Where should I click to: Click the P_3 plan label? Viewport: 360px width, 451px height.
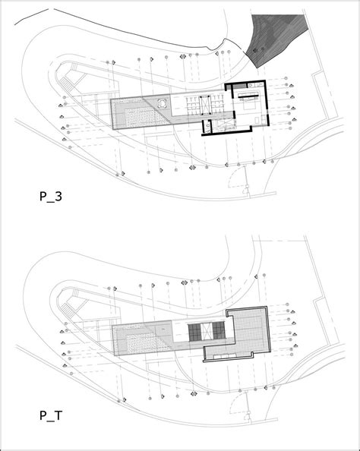coord(51,197)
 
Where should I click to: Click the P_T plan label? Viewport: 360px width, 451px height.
coord(51,415)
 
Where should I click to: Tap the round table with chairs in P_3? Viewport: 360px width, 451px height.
coord(163,104)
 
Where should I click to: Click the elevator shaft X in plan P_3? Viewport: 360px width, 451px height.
coord(206,106)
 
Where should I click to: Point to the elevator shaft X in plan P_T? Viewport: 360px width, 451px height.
coord(206,332)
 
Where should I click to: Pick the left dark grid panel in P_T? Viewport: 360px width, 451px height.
coord(194,332)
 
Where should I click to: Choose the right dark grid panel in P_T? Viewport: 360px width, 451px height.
coord(219,331)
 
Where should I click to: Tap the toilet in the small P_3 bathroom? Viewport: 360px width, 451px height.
coord(208,126)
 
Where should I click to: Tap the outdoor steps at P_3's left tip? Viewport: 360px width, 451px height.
coord(66,84)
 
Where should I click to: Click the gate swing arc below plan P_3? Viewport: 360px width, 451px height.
coord(234,176)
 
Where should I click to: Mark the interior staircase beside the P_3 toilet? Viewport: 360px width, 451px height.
coord(223,124)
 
